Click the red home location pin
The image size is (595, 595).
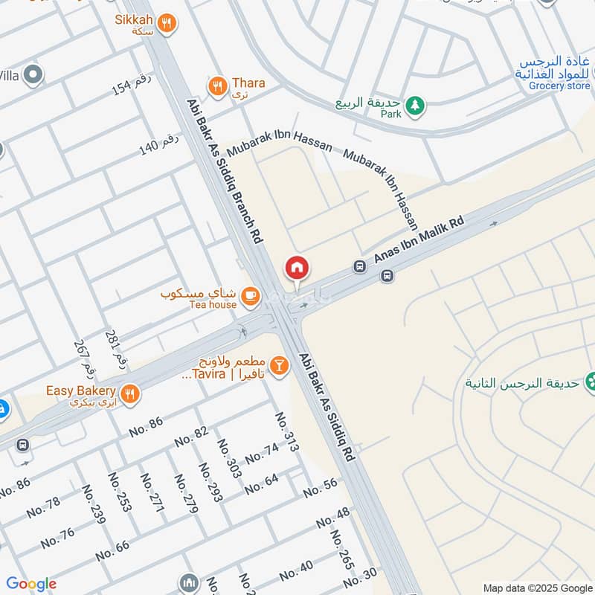pyautogui.click(x=296, y=268)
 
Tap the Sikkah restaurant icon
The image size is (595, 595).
pyautogui.click(x=167, y=23)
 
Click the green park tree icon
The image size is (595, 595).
pyautogui.click(x=416, y=107)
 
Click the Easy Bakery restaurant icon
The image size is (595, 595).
pyautogui.click(x=130, y=394)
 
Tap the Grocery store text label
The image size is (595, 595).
pyautogui.click(x=559, y=86)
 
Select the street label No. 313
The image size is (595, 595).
pyautogui.click(x=287, y=433)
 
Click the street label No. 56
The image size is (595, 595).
pyautogui.click(x=321, y=487)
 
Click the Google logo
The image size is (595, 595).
pyautogui.click(x=31, y=585)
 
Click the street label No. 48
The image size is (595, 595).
pyautogui.click(x=332, y=517)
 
